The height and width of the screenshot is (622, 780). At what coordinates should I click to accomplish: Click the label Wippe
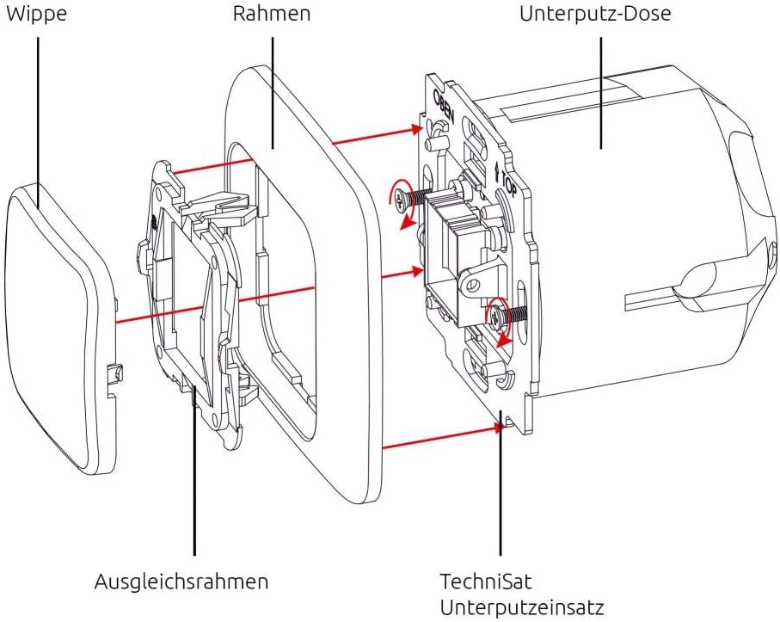(36, 15)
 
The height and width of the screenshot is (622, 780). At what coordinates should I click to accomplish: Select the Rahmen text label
(273, 15)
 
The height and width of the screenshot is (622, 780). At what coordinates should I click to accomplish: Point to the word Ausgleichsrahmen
(181, 582)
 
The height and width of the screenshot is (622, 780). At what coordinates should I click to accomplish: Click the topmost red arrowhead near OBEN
(417, 129)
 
